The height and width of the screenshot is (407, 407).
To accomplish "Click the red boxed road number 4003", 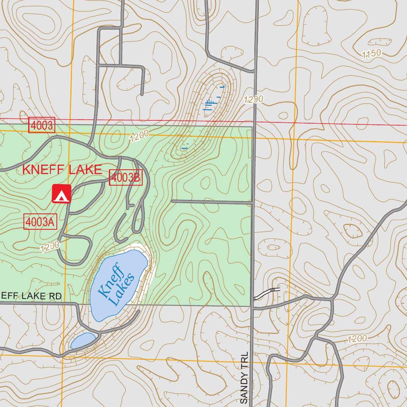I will tap(41, 126).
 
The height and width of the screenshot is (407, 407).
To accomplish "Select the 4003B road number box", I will tap(125, 178).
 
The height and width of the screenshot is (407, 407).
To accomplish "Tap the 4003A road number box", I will tap(40, 222).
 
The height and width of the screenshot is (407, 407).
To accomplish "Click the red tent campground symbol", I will tap(61, 194).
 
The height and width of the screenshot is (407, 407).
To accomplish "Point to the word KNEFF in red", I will tap(43, 170).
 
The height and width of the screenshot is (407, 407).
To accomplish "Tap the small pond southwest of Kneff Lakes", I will tap(83, 340).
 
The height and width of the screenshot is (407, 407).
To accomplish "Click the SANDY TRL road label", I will tap(244, 378).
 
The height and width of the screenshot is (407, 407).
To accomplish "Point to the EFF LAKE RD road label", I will tap(31, 296).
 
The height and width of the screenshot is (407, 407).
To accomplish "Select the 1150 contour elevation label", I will tap(372, 54).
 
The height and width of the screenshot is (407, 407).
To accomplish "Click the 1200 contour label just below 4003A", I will tap(50, 247).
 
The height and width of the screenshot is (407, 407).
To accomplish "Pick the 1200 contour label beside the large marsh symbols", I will tap(254, 99).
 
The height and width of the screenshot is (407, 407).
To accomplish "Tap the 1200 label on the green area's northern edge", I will tap(139, 136).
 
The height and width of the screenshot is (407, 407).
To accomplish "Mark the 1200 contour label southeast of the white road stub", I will tap(357, 339).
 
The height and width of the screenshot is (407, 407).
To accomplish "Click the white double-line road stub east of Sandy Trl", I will tap(267, 293).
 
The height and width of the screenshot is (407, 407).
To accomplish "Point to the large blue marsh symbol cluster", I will tap(214, 99).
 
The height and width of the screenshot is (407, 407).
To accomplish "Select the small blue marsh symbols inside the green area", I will tap(185, 146).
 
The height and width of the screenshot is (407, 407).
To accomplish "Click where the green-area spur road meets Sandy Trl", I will tap(252, 202).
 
